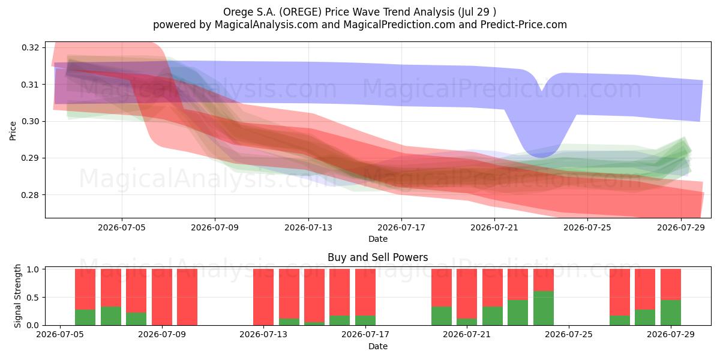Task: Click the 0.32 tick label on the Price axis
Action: (30, 47)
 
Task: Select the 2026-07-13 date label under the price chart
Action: (308, 227)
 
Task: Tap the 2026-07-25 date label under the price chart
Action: (587, 227)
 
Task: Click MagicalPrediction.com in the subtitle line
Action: (399, 25)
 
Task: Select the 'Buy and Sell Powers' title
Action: (377, 257)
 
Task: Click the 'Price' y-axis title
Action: (13, 131)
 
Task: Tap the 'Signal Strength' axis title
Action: (17, 296)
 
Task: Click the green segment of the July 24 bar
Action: (544, 308)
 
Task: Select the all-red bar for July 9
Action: (161, 297)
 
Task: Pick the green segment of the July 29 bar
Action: (671, 313)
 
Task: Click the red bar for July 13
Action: (263, 297)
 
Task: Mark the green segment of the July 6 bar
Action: (85, 317)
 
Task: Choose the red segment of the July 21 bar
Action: (467, 294)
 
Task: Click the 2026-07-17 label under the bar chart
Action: (365, 334)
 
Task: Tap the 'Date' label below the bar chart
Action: (377, 346)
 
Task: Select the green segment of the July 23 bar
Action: (518, 313)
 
